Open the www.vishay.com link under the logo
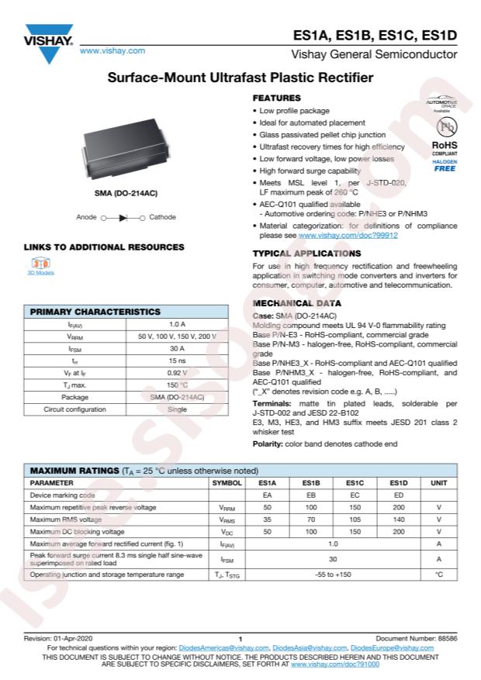point(112,50)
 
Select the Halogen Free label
point(445,164)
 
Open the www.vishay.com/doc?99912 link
point(348,235)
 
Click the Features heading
point(277,98)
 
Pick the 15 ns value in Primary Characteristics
point(177,361)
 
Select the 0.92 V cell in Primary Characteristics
point(177,373)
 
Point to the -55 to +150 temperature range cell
point(333,575)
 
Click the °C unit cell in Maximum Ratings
point(438,575)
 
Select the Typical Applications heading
point(306,254)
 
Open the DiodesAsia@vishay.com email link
point(310,647)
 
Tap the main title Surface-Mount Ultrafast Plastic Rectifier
point(240,78)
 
